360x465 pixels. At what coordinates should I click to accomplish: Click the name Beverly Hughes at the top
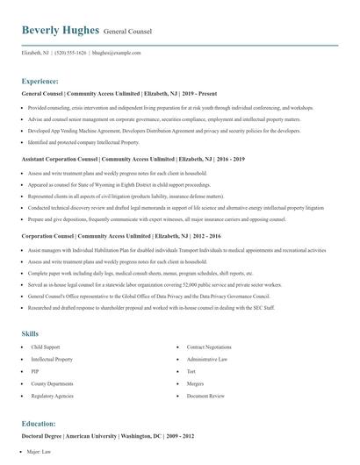point(60,31)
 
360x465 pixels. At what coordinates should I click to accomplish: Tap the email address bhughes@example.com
point(117,53)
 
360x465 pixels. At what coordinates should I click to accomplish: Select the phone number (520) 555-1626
point(70,53)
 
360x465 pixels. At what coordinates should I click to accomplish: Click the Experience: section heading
point(40,81)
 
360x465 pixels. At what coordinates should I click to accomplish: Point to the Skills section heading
point(30,333)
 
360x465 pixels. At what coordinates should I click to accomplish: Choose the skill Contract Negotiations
point(209,347)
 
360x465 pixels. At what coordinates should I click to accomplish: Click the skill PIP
point(34,372)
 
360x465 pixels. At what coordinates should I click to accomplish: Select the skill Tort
point(192,372)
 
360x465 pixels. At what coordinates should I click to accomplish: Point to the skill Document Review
point(204,397)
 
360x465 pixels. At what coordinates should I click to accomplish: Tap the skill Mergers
point(196,384)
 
